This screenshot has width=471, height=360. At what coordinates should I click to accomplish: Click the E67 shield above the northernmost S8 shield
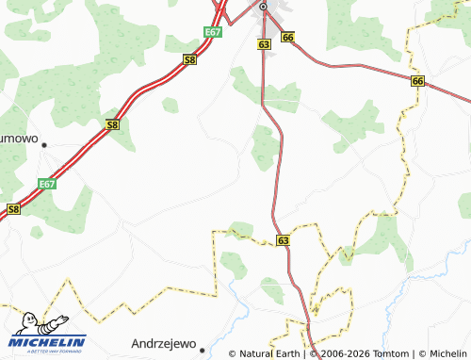pos(213,33)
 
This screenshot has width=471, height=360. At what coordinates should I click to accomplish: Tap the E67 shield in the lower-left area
pos(48,185)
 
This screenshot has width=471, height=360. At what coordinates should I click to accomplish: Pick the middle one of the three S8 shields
pos(112,124)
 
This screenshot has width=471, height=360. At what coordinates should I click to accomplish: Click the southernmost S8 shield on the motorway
pos(12,209)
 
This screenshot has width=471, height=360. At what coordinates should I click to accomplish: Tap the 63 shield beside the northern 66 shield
pos(263,44)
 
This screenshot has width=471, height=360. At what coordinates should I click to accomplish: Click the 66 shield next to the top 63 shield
pos(287,37)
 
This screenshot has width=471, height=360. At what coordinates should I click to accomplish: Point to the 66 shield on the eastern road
pos(417,82)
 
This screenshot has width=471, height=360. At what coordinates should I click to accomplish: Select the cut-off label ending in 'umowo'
pos(18,138)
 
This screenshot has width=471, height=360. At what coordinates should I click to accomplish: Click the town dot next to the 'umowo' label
pos(43,145)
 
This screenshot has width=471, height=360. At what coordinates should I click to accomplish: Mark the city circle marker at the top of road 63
pos(263,7)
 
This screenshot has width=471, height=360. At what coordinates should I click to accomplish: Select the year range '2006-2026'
pos(339,354)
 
